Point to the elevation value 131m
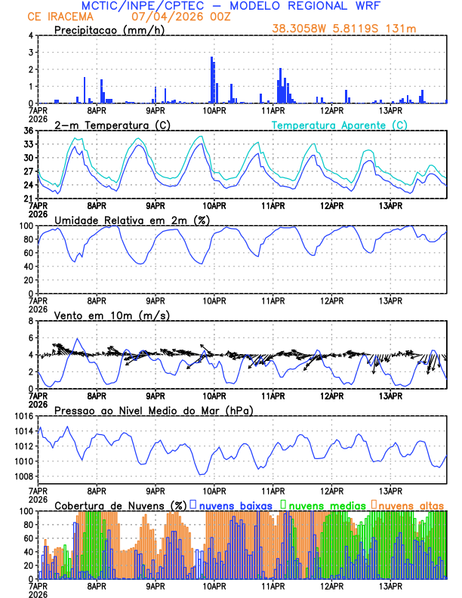(403, 29)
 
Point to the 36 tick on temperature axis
(27, 131)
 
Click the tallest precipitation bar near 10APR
(211, 80)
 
